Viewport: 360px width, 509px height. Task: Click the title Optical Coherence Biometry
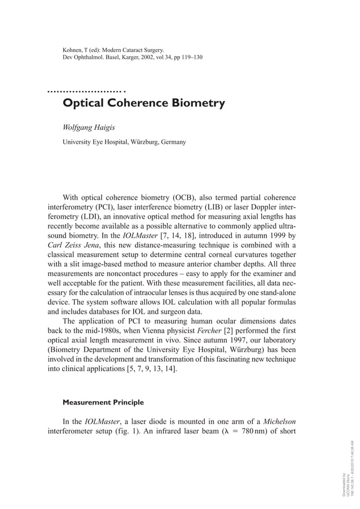point(143,104)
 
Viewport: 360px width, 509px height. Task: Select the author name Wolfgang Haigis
point(90,128)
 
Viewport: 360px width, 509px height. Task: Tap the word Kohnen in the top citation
point(74,50)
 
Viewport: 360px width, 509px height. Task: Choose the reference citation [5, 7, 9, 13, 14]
point(147,370)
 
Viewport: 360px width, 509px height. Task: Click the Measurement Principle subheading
point(103,403)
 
